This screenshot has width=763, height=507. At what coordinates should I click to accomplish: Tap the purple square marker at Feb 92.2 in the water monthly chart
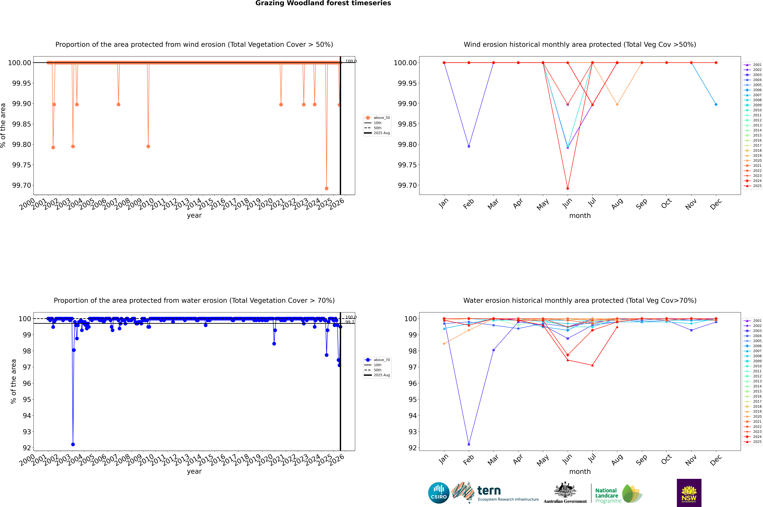coord(469,444)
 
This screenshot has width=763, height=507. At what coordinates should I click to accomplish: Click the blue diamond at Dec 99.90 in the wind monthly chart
coord(716,104)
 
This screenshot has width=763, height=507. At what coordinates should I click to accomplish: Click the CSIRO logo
coord(439,493)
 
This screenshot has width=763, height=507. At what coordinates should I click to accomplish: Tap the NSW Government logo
coord(689,493)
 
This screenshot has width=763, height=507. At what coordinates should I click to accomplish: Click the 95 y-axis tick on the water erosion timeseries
coord(27,399)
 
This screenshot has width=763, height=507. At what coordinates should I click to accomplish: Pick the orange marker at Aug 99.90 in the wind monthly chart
coord(617,104)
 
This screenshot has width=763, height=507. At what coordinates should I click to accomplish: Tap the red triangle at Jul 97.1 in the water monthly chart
coord(592,365)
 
